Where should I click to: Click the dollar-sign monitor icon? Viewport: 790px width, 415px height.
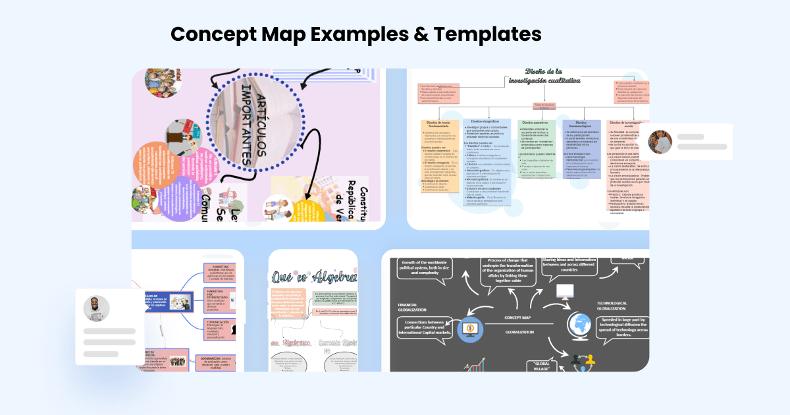pyautogui.click(x=471, y=327)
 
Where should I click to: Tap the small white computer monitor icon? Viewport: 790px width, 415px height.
pyautogui.click(x=566, y=291)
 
